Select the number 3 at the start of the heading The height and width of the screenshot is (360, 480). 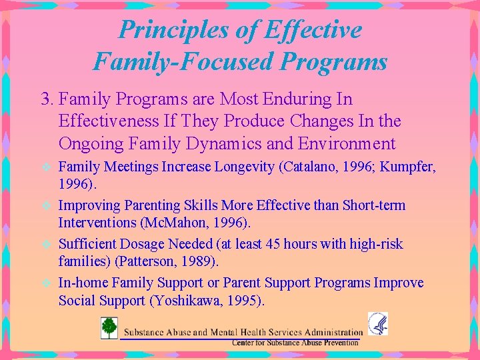click(x=45, y=99)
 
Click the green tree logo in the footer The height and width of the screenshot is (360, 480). click(x=109, y=329)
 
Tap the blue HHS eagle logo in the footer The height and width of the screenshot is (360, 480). click(x=378, y=324)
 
